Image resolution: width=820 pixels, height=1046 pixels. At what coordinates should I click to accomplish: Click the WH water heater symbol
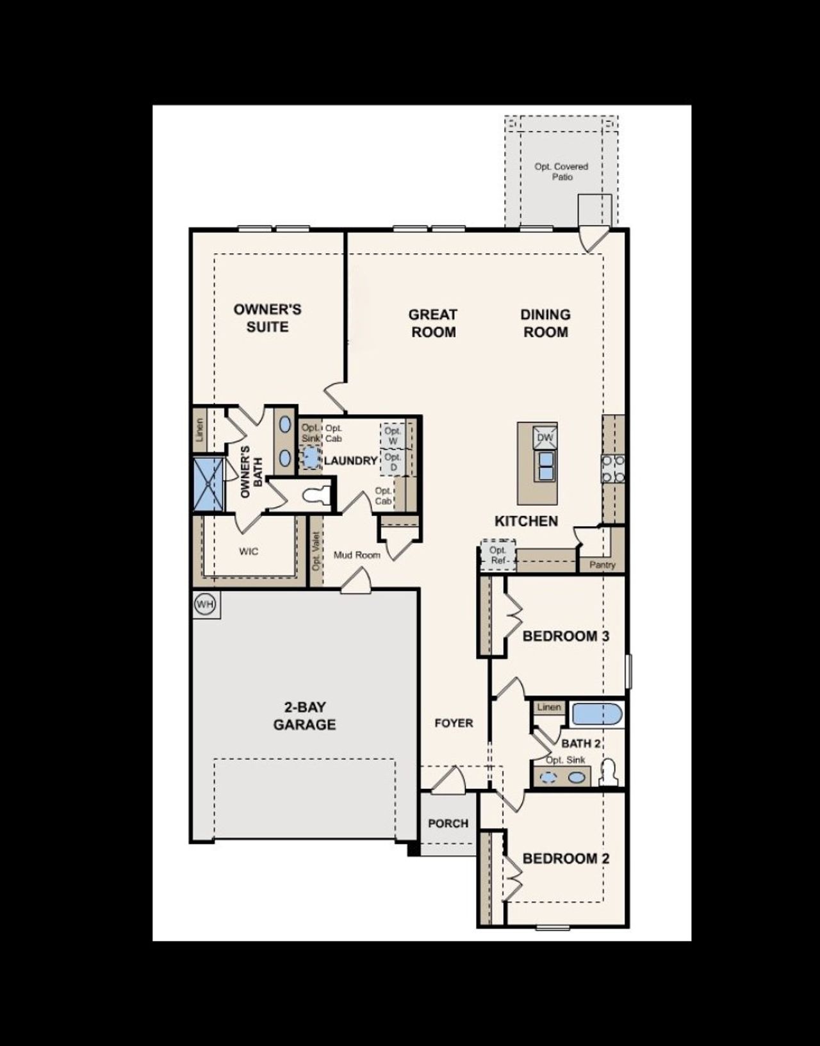click(x=205, y=604)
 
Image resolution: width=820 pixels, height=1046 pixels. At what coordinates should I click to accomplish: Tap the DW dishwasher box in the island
click(x=545, y=438)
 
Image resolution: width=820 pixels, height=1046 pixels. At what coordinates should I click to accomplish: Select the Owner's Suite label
click(x=267, y=318)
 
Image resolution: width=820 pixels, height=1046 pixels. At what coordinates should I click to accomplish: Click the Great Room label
click(x=433, y=323)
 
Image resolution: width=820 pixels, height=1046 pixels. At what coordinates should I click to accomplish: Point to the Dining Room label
click(x=545, y=323)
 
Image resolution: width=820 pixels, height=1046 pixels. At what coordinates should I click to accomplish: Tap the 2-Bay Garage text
click(x=304, y=716)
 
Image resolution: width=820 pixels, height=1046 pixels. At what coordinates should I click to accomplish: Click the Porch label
click(x=448, y=823)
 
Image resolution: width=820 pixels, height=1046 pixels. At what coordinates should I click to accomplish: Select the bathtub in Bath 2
click(x=596, y=714)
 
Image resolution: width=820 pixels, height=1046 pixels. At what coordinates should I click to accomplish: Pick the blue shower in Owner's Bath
click(x=209, y=483)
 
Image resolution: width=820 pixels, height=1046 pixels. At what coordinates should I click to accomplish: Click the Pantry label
click(x=602, y=565)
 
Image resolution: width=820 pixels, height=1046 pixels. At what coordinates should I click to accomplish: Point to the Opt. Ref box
click(x=498, y=555)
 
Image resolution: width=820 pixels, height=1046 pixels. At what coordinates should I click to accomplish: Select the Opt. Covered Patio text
click(x=561, y=171)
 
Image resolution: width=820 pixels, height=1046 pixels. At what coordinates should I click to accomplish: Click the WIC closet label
click(x=249, y=551)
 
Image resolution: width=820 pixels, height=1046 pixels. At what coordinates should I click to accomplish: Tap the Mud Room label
click(x=357, y=555)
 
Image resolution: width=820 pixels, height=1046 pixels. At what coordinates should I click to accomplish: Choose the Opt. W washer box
click(x=393, y=436)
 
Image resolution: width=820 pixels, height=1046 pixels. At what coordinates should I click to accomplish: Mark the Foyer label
click(x=454, y=723)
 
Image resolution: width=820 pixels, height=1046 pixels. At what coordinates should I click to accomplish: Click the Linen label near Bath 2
click(x=549, y=707)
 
